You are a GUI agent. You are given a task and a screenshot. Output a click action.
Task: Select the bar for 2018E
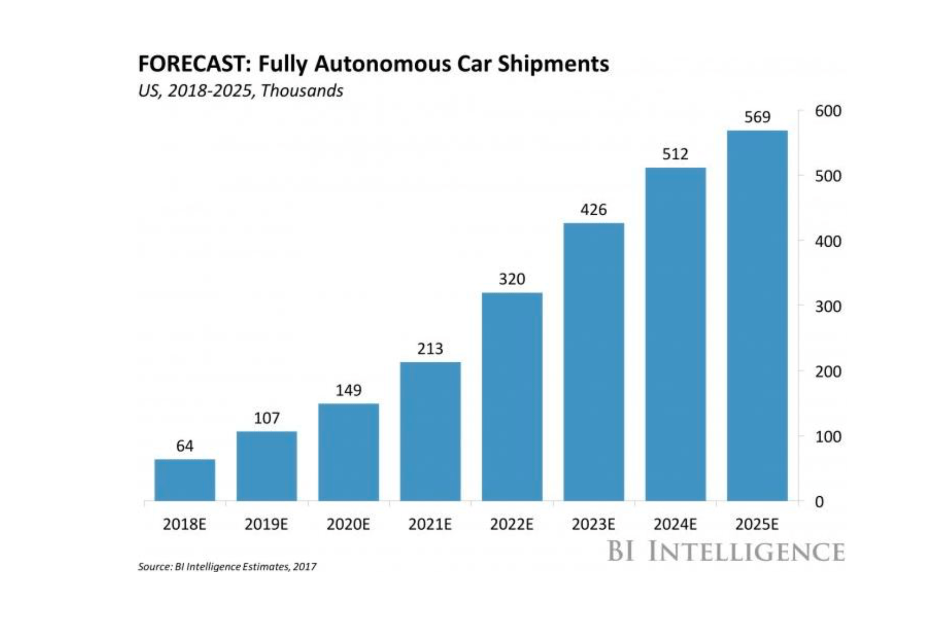185,480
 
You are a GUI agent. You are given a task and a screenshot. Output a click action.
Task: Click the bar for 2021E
430,431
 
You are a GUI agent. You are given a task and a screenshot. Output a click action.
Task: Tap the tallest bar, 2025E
757,316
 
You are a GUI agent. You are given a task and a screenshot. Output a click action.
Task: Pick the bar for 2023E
594,362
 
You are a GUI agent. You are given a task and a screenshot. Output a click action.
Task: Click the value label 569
757,117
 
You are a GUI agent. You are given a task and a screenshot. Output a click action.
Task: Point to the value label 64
185,446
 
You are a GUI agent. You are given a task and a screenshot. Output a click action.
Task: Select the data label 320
512,279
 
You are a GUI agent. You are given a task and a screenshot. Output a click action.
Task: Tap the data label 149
348,390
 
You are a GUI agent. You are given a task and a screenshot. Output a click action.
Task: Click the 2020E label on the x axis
348,524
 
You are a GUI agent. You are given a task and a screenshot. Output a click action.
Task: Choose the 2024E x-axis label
675,524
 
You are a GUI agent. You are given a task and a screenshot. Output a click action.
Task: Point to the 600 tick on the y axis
828,111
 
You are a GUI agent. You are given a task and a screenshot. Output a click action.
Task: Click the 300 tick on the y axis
828,306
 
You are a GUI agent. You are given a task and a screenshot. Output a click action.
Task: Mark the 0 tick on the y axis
819,502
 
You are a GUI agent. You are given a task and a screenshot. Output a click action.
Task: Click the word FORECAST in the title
192,64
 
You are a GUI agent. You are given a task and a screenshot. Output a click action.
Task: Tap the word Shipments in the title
553,64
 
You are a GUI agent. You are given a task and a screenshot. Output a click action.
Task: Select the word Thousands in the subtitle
302,91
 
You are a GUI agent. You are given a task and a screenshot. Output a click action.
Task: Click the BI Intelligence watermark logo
726,551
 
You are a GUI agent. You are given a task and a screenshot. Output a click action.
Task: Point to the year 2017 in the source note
305,567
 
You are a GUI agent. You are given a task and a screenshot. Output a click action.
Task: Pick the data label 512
675,154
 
